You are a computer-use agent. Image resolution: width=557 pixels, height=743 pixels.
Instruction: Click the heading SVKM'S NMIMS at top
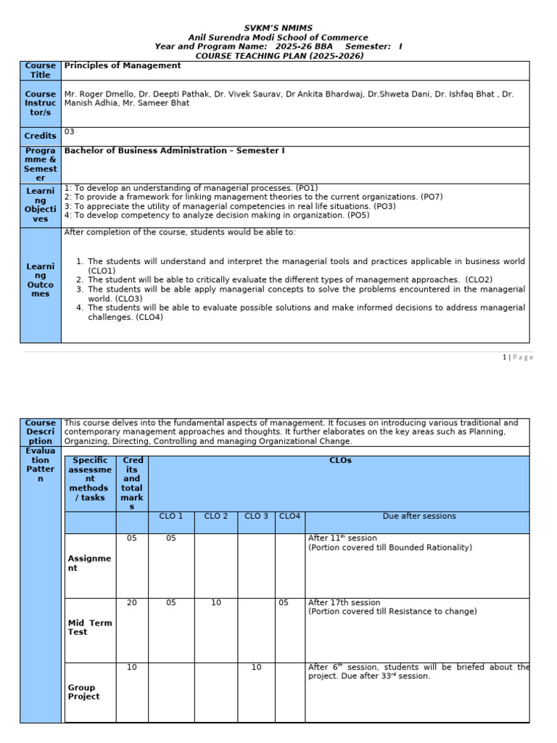tap(278, 28)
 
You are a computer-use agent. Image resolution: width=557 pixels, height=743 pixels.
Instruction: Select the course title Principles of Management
tap(123, 66)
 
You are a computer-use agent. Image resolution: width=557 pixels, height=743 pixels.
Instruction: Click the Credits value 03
tap(70, 132)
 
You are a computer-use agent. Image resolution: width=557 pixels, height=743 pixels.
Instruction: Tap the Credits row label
tap(41, 136)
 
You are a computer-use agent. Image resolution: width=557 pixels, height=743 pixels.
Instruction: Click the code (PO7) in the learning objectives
tap(431, 197)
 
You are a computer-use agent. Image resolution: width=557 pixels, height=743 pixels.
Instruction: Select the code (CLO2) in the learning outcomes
tap(479, 279)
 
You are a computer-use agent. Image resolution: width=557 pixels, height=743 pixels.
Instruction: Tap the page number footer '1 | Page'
tap(518, 357)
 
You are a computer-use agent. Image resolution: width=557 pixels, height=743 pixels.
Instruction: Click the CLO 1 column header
tap(171, 517)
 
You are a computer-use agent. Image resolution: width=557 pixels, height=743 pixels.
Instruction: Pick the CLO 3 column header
tap(256, 517)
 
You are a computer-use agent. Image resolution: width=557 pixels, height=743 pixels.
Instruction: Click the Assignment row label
tap(90, 564)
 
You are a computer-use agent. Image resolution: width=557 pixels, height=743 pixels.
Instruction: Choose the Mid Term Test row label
tap(90, 628)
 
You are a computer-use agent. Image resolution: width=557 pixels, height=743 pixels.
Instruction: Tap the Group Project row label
tap(84, 692)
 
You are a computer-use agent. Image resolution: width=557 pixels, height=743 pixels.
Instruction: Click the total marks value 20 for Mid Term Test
tap(132, 603)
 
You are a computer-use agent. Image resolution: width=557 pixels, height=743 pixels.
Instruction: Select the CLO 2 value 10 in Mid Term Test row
tap(216, 603)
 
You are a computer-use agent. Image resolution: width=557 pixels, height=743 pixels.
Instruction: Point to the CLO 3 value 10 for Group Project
tap(256, 668)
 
